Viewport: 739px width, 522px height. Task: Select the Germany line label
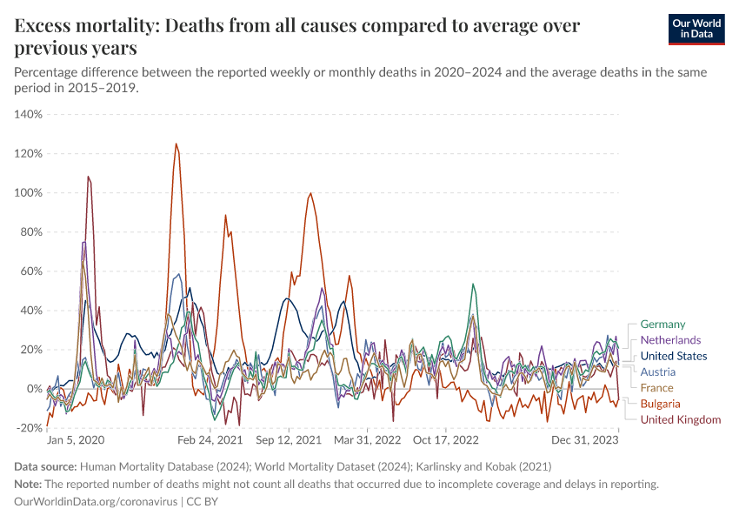[662, 325]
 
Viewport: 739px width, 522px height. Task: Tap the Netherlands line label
[670, 340]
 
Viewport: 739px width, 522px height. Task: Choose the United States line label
[674, 356]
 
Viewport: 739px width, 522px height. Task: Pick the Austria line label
[658, 371]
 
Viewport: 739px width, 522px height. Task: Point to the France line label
[656, 388]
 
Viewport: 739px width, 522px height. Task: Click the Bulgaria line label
[660, 404]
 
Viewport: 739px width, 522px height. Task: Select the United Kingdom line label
[681, 419]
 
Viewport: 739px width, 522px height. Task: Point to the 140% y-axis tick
[29, 114]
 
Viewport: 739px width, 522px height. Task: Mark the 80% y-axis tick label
[30, 231]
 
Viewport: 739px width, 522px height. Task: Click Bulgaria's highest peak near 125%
[176, 144]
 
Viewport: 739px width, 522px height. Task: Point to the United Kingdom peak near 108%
[88, 177]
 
